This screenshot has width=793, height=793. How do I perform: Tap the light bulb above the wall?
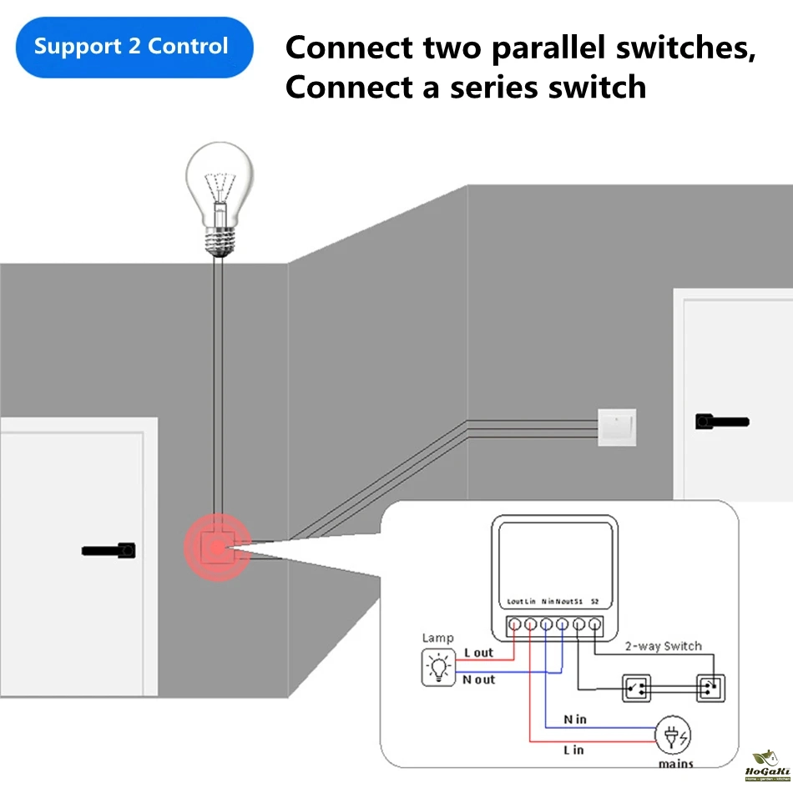[x=218, y=197]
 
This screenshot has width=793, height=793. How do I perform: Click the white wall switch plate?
[x=617, y=427]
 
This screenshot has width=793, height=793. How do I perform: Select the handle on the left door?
[x=109, y=550]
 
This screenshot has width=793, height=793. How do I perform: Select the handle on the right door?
[x=721, y=422]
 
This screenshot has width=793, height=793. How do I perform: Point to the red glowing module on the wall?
[x=217, y=548]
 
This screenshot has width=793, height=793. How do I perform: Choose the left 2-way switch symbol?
[x=639, y=689]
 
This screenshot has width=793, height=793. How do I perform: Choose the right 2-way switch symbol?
[x=710, y=689]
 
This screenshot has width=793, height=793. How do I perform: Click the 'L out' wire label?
[x=478, y=653]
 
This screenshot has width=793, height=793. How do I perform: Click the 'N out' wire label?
[x=478, y=680]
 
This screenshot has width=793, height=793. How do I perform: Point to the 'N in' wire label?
[x=575, y=719]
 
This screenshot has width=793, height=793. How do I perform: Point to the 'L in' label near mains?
[x=573, y=750]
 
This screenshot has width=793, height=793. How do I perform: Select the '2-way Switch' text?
[x=664, y=646]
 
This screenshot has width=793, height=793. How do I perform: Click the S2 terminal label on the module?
[x=595, y=601]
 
